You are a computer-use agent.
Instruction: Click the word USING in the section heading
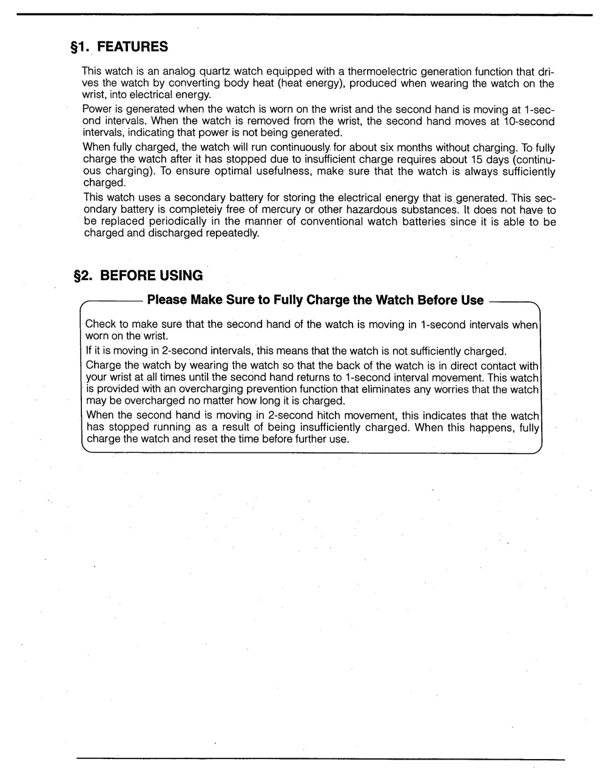pos(181,276)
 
